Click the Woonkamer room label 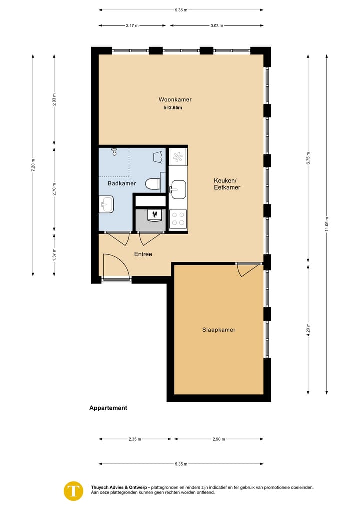(175, 99)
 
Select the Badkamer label (122, 184)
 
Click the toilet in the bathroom (153, 184)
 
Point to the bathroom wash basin (106, 203)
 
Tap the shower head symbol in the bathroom (114, 151)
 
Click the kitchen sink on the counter (177, 188)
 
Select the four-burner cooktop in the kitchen (178, 218)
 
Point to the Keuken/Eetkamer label (227, 184)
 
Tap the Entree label (143, 254)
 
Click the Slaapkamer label (219, 330)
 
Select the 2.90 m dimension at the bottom (219, 439)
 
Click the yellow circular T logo (74, 490)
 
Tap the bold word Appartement (108, 408)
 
